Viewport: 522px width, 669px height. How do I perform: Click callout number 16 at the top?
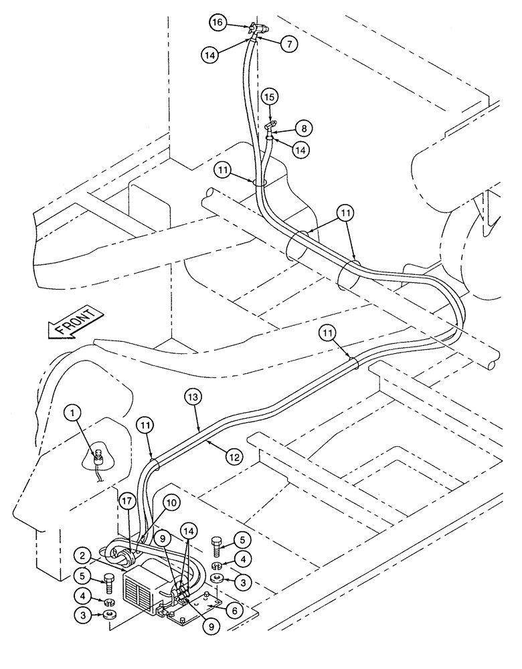tap(216, 22)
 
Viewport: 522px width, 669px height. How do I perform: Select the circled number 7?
tap(288, 44)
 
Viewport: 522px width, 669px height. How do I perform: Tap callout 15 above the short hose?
tap(268, 97)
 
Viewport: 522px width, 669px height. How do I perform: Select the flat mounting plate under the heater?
tap(201, 611)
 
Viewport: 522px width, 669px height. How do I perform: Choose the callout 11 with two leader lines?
tap(344, 214)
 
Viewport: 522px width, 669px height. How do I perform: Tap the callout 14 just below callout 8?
tap(302, 151)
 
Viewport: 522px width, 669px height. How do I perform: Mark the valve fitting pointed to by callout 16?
tap(258, 29)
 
